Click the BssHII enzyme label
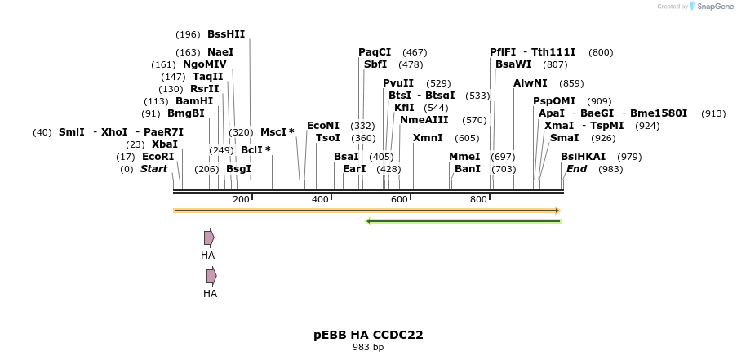[x=226, y=34]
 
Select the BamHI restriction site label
[x=194, y=101]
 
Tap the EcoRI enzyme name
[x=158, y=157]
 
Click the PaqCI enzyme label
[x=375, y=52]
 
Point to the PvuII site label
[x=398, y=83]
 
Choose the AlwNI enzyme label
[x=531, y=83]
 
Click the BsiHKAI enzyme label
[x=584, y=157]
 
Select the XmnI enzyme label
[x=428, y=138]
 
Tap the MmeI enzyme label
[x=464, y=157]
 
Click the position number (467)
[x=415, y=53]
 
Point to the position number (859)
[x=571, y=84]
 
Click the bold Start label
[x=153, y=169]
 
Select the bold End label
[x=576, y=169]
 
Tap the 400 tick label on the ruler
[x=320, y=200]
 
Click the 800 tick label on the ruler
[x=478, y=200]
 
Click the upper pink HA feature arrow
[x=209, y=238]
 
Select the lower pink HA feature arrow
[x=211, y=276]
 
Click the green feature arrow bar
[x=463, y=220]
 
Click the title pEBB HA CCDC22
[x=368, y=335]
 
